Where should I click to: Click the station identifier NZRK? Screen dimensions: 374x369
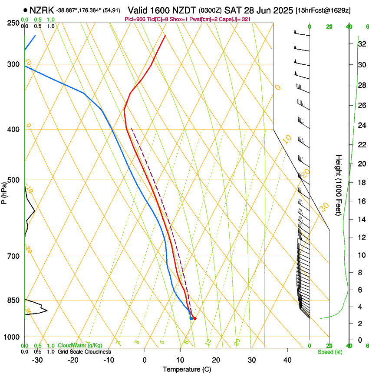pos(42,10)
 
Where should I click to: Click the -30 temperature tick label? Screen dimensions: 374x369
pos(37,360)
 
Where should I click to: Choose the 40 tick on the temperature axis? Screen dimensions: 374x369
pos(287,360)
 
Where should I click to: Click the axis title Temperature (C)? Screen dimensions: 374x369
pos(187,369)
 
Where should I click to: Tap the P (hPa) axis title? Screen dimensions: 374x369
pos(4,192)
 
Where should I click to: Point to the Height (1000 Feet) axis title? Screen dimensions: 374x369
pos(339,185)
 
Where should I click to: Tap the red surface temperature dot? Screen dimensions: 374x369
pos(194,319)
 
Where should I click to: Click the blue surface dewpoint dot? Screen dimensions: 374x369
pos(191,319)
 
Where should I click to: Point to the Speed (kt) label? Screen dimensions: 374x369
pos(329,351)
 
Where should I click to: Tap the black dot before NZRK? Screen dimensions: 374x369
pos(26,10)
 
